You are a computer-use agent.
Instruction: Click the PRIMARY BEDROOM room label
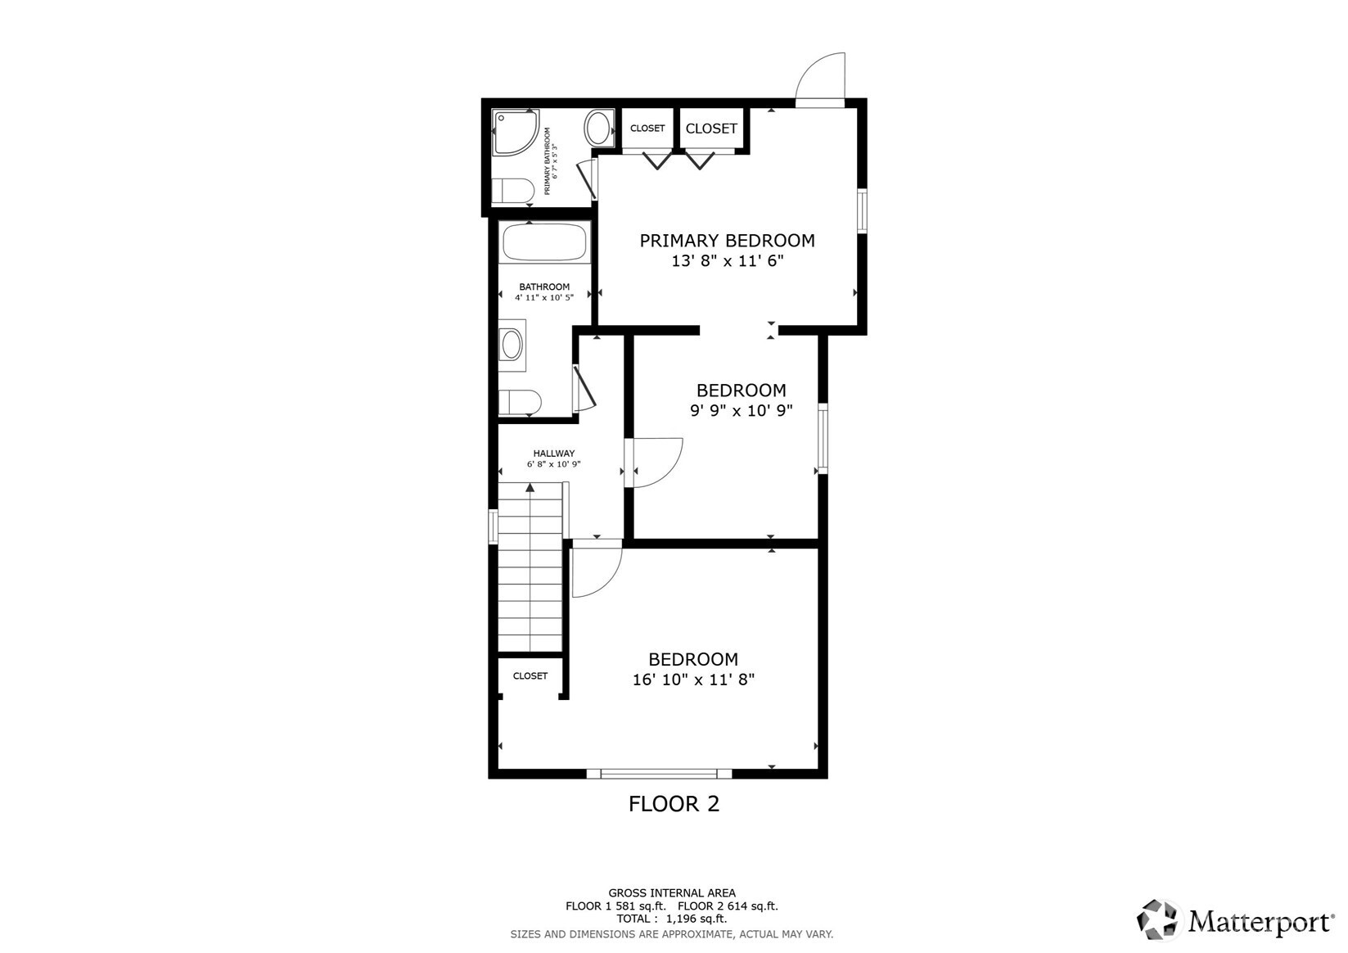point(727,241)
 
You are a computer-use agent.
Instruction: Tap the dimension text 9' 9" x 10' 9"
point(741,411)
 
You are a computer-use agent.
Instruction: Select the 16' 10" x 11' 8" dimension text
point(693,680)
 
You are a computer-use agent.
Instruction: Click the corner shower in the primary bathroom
point(514,132)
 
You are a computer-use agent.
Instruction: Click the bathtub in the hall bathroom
point(544,242)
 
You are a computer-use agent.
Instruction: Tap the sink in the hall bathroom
point(512,345)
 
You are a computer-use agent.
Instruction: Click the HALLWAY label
point(554,454)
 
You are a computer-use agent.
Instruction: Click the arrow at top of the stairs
point(530,488)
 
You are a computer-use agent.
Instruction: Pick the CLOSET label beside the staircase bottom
point(530,676)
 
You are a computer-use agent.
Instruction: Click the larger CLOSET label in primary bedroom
point(711,129)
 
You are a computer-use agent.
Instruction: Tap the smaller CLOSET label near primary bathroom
point(647,129)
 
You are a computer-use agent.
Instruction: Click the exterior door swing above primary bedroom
point(821,79)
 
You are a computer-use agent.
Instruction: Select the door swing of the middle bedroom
point(657,463)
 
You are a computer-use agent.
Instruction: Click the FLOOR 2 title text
point(674,804)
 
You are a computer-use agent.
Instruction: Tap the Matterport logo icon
point(1159,919)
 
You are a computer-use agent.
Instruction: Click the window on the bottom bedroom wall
point(659,773)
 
